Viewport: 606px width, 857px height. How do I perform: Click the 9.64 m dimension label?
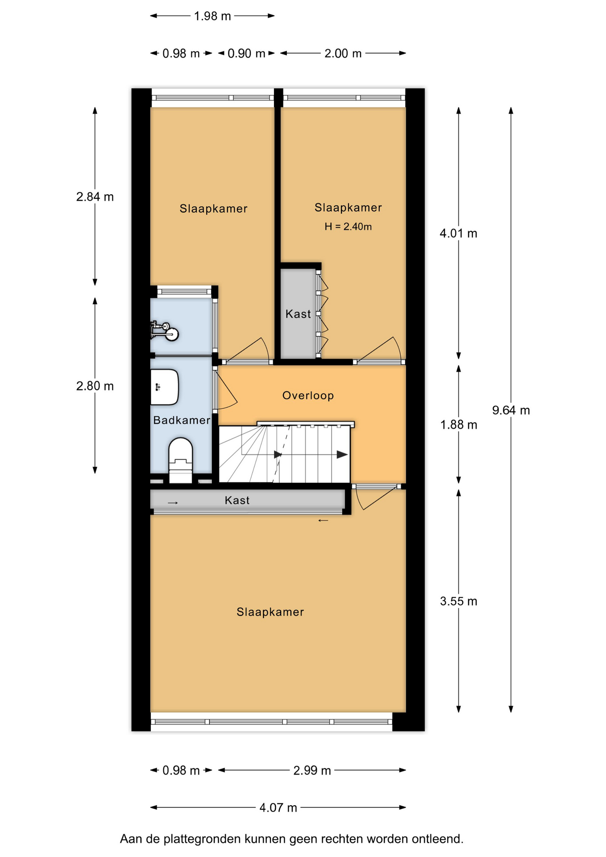click(511, 410)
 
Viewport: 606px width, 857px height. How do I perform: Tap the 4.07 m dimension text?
click(278, 807)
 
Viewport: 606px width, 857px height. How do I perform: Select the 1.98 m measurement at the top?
click(212, 16)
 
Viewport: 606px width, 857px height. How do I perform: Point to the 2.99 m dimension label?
click(312, 770)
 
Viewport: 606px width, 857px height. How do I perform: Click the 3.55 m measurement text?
click(458, 601)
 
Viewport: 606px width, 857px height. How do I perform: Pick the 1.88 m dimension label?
click(458, 424)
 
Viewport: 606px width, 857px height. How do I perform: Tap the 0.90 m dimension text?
click(246, 54)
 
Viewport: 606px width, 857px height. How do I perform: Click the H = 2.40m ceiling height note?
click(348, 227)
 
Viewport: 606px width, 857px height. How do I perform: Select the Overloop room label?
click(308, 395)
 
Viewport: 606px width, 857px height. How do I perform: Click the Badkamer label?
click(182, 420)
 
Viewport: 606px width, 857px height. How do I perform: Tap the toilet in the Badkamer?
click(180, 460)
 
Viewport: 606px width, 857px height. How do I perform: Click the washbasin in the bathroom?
click(165, 387)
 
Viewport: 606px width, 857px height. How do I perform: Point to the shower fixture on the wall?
click(165, 331)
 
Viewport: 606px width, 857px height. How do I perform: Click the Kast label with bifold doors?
click(298, 314)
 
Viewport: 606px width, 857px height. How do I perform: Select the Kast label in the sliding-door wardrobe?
click(237, 500)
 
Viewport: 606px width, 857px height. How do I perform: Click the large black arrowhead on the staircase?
click(342, 455)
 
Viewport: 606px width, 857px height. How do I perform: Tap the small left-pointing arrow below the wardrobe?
click(323, 520)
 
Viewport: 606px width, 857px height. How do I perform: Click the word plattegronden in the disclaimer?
click(203, 839)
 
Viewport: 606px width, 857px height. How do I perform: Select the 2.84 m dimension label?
click(95, 197)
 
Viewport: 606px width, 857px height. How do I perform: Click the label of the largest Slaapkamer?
click(270, 612)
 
